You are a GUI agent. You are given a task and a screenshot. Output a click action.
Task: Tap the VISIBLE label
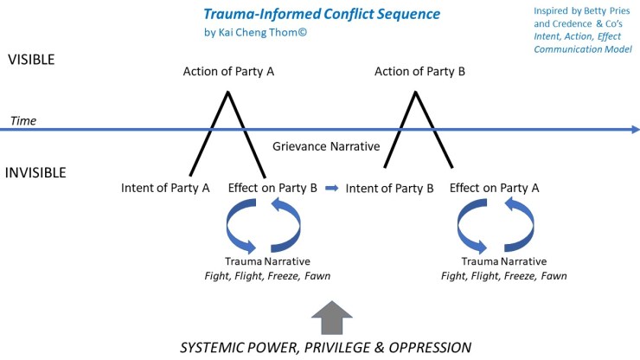click(31, 60)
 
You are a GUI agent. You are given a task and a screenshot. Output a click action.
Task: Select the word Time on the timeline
click(23, 121)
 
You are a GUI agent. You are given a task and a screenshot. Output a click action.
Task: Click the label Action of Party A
click(228, 72)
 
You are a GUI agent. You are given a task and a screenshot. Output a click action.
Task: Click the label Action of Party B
click(419, 72)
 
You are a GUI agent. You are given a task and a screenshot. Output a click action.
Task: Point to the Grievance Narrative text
click(326, 146)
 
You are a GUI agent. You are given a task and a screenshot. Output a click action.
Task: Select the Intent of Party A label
click(165, 188)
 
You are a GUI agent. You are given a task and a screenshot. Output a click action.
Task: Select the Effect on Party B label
click(272, 188)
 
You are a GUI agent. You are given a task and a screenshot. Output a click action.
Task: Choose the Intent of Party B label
click(389, 188)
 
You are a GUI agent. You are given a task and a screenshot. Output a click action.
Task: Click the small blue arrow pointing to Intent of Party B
click(331, 188)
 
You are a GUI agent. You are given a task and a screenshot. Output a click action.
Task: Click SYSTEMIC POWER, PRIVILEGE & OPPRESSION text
click(325, 348)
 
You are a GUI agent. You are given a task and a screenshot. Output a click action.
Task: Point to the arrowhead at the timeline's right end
click(634, 130)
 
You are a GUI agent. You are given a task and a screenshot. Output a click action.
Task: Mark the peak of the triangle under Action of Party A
click(228, 91)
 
